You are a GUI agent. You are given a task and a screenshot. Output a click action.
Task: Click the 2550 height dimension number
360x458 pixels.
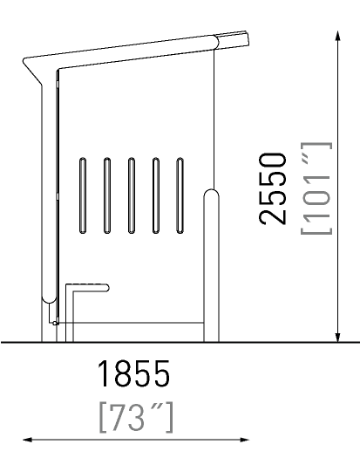[x=273, y=189]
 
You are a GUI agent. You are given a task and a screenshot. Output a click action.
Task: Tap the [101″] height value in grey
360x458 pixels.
[x=316, y=188]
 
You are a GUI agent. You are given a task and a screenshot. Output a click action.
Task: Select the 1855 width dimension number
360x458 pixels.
[x=133, y=373]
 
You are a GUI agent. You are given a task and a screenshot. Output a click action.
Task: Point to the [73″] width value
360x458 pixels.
[x=136, y=417]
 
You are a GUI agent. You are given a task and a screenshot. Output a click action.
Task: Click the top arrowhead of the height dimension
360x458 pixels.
[x=338, y=36]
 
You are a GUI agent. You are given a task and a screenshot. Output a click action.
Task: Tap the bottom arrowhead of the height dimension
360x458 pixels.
[x=338, y=337]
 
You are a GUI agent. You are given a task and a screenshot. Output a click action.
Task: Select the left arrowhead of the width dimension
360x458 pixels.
[x=28, y=440]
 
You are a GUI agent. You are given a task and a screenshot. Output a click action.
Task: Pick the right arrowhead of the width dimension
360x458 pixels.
[x=244, y=440]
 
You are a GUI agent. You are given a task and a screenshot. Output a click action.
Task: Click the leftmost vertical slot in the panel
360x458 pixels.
[x=83, y=195]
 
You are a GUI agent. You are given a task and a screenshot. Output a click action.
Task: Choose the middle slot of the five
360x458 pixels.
[x=132, y=195]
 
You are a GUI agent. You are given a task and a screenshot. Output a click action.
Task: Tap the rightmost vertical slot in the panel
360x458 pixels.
[x=180, y=195]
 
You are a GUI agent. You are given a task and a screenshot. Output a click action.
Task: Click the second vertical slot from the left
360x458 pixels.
[x=107, y=195]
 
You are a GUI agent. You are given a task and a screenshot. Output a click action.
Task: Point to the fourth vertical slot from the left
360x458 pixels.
[x=156, y=195]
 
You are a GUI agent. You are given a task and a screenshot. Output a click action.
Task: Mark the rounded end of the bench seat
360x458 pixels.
[x=106, y=288]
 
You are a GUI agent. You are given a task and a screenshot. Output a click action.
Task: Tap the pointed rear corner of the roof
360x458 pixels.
[x=24, y=61]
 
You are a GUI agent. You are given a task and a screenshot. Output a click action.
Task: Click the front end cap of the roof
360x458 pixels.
[x=233, y=39]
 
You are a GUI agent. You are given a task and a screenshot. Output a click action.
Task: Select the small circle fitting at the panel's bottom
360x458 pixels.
[x=55, y=323]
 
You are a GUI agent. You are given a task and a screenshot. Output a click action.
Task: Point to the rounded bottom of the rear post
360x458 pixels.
[x=49, y=300]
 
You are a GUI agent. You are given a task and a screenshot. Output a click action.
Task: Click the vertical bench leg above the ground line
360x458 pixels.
[x=69, y=313]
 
